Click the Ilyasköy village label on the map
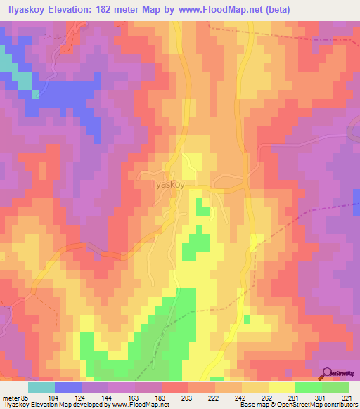point(168,186)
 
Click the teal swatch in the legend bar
point(41,387)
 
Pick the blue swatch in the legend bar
point(68,387)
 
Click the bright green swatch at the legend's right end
point(335,387)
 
